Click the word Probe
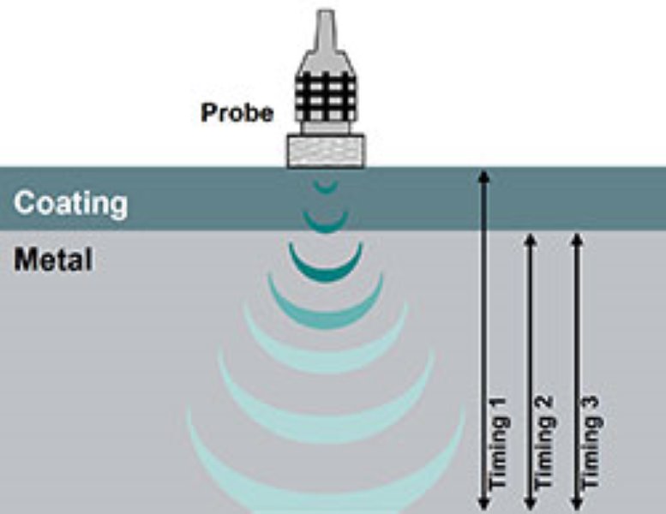coord(237,112)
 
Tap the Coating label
coord(71,204)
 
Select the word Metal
coord(53,258)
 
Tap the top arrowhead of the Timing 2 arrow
coord(531,238)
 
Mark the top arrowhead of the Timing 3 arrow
coord(577,238)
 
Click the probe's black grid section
coord(327,95)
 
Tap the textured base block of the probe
coord(326,150)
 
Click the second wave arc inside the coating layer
coord(326,224)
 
